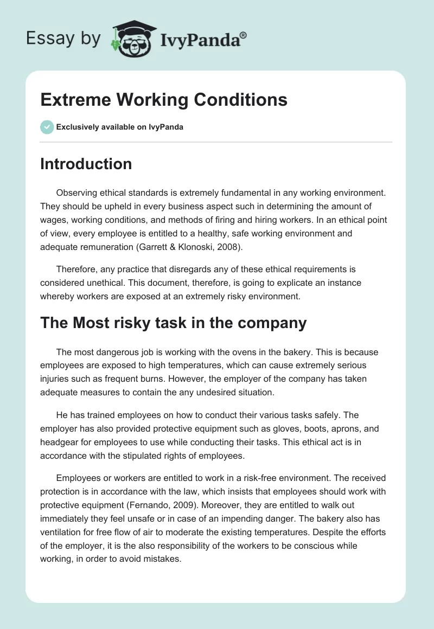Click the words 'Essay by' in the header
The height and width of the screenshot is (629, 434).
pyautogui.click(x=63, y=39)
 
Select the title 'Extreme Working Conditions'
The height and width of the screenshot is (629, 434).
pyautogui.click(x=164, y=100)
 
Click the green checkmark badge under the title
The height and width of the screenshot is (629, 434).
pyautogui.click(x=47, y=127)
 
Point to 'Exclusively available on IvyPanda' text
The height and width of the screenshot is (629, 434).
pyautogui.click(x=119, y=127)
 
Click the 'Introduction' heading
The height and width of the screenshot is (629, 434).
pyautogui.click(x=86, y=164)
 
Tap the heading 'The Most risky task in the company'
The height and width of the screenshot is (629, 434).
pyautogui.click(x=173, y=323)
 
